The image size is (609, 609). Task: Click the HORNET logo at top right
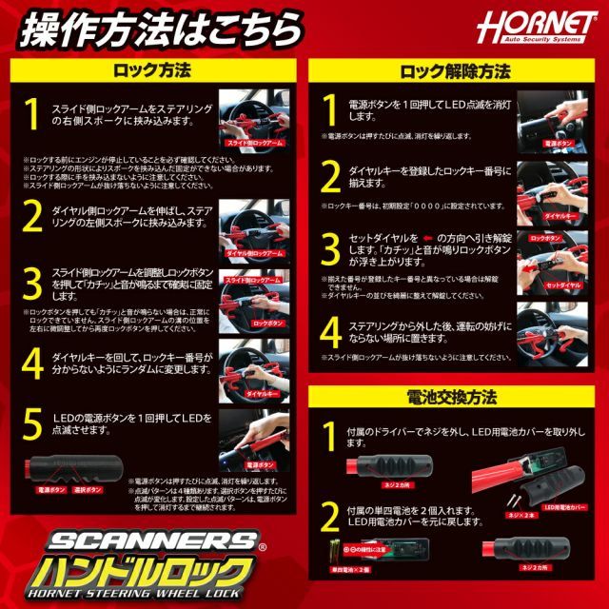544,25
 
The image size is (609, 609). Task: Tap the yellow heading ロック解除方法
455,71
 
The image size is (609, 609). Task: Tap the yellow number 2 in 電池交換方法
331,517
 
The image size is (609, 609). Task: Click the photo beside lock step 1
254,120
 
